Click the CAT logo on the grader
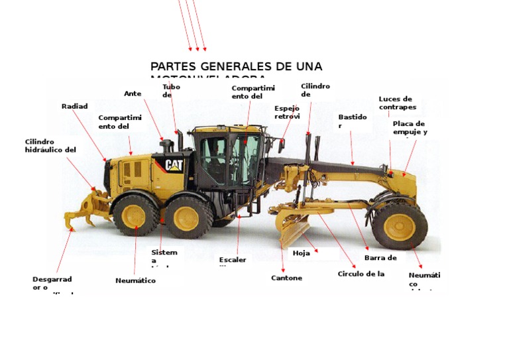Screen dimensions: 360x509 click(x=174, y=164)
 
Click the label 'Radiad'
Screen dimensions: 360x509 click(x=74, y=106)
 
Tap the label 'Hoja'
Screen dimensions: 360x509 click(x=301, y=253)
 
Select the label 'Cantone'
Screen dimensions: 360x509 click(x=286, y=278)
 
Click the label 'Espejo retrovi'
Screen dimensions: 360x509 click(x=287, y=112)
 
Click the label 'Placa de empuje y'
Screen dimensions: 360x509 click(x=409, y=127)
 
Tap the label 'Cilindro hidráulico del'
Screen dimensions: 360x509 click(x=50, y=145)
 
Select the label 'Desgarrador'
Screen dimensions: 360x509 click(x=52, y=283)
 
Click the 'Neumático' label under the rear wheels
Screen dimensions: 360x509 click(x=135, y=280)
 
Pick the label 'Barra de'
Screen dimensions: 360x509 click(x=380, y=258)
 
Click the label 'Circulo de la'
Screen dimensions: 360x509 click(x=361, y=273)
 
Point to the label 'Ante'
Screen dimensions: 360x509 click(x=133, y=93)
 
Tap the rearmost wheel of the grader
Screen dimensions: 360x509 click(x=135, y=215)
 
